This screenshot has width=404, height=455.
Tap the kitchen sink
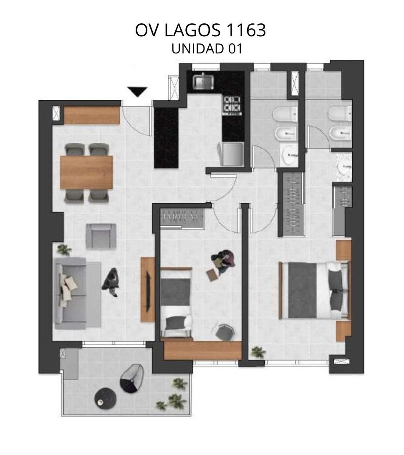coord(204,82)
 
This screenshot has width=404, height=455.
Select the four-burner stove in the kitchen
coord(232,105)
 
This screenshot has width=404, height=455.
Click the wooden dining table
coord(86,172)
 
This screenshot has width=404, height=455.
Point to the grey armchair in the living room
coord(101,236)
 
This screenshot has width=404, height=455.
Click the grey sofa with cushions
coord(71,293)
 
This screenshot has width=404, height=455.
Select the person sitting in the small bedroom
coord(223,261)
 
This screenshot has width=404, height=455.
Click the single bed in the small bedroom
coord(176,302)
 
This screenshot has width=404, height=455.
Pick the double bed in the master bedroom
coord(315,290)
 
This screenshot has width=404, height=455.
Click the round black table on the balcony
coord(106,399)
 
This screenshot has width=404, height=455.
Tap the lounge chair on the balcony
coord(132,378)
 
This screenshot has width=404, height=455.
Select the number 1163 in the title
coord(245,30)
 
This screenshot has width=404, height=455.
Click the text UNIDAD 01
coord(207,48)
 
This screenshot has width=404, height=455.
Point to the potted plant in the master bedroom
coord(258,352)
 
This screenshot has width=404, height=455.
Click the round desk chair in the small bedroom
coord(225,332)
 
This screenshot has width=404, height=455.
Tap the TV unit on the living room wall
coord(148,289)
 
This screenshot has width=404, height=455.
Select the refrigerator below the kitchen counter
coord(231,154)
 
